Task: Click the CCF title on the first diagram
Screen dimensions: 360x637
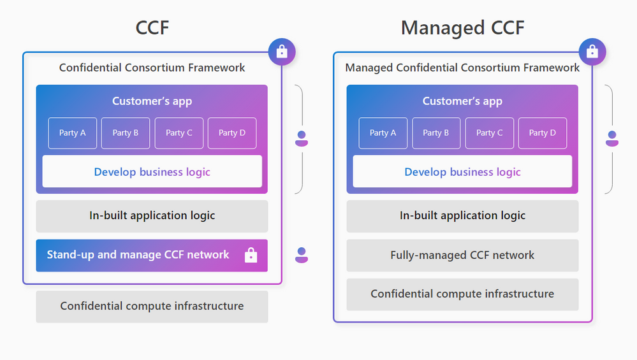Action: tap(152, 28)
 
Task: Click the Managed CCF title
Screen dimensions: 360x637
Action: tap(462, 28)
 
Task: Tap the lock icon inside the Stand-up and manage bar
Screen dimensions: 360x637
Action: tap(251, 256)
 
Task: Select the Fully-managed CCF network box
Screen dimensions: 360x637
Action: tap(462, 256)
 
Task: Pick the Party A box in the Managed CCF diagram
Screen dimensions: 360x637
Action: tap(383, 133)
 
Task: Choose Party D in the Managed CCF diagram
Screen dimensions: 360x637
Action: tap(542, 133)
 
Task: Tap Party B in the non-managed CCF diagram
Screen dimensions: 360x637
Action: tap(126, 133)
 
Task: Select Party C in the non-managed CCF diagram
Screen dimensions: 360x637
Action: tap(179, 133)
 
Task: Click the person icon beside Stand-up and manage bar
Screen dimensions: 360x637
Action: tap(302, 255)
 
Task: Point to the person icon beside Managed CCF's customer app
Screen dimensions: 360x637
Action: tap(612, 138)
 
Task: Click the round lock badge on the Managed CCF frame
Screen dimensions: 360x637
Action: tap(592, 52)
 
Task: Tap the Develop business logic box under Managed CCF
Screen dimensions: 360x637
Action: tap(462, 172)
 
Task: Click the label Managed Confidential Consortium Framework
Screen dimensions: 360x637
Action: tap(462, 68)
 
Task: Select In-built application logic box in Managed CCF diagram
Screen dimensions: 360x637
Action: tap(462, 216)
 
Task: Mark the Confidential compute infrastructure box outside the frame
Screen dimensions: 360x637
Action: tap(152, 306)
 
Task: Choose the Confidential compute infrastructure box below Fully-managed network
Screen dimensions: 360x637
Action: tap(462, 294)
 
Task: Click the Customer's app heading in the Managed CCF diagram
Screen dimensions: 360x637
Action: tap(462, 101)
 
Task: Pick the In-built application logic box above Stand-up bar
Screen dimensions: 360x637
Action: tap(152, 216)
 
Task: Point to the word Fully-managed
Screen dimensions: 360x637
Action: tap(421, 256)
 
